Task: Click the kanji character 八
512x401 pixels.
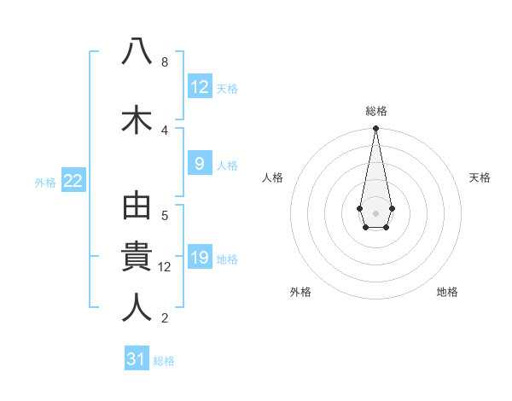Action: click(137, 53)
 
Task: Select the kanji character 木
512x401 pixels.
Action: click(137, 120)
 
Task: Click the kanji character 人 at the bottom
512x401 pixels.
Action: click(137, 308)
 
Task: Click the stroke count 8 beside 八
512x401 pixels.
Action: click(164, 62)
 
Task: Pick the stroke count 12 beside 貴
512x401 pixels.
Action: click(166, 267)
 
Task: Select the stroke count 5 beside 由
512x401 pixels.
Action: click(164, 215)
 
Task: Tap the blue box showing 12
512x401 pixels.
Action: click(200, 87)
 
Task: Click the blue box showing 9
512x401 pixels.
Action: click(200, 164)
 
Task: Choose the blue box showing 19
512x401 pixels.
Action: click(200, 258)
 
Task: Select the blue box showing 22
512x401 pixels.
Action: click(73, 181)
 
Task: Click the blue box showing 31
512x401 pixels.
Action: click(137, 360)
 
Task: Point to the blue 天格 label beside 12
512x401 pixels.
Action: click(227, 89)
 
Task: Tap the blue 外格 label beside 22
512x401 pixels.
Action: click(45, 182)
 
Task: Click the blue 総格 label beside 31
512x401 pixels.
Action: click(164, 361)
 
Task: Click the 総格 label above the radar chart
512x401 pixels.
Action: click(375, 111)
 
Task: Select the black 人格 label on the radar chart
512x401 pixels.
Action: click(273, 177)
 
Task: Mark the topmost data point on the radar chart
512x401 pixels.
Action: click(375, 129)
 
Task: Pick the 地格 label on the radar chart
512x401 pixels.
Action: click(447, 292)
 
